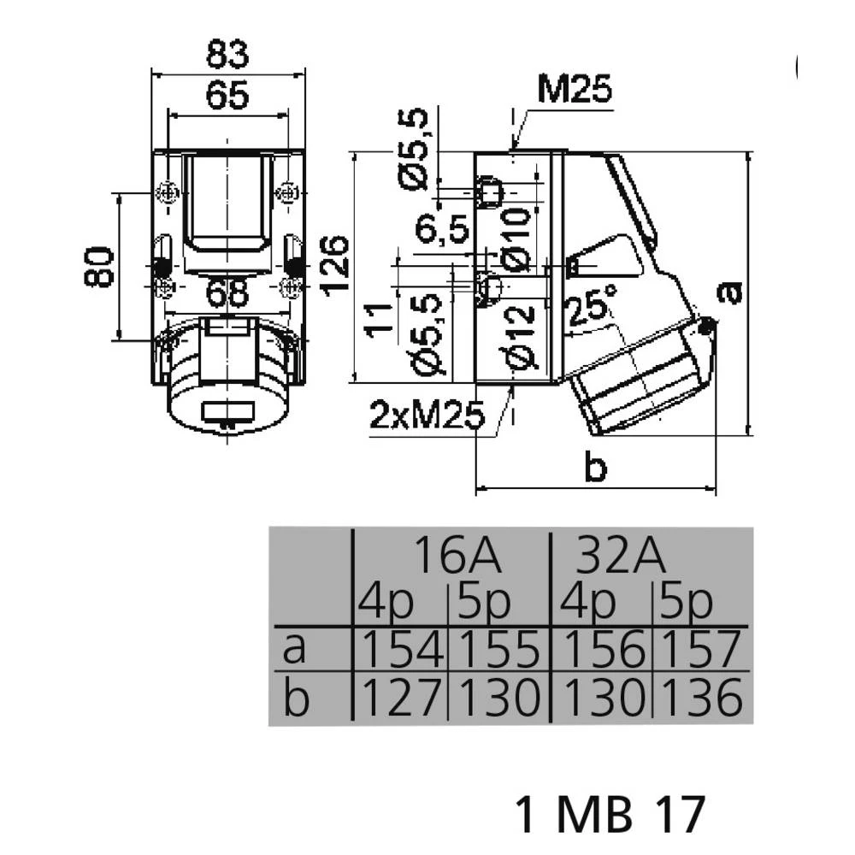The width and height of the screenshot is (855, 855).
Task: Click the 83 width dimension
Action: pos(227,54)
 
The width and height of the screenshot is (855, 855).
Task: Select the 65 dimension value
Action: pos(227,95)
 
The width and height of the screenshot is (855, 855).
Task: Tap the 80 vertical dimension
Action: pos(99,267)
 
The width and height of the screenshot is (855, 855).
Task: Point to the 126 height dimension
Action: pos(335,267)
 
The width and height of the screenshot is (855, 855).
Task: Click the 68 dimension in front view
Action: pos(228,292)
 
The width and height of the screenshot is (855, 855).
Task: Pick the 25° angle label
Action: pos(591,307)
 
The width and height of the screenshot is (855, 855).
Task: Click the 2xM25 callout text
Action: pos(427,415)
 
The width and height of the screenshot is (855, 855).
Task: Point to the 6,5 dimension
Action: pos(442,228)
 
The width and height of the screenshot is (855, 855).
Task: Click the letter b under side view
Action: pos(595,468)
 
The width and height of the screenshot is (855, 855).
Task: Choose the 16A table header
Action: pos(457,556)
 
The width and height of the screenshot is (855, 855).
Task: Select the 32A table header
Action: pos(621,556)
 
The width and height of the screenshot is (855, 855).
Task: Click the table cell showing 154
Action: pos(402,649)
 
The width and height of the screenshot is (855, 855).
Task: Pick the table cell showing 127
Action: pos(401,697)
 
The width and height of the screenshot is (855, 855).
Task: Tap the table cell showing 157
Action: pos(701,649)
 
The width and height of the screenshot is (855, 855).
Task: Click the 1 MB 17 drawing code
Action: pos(610,815)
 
